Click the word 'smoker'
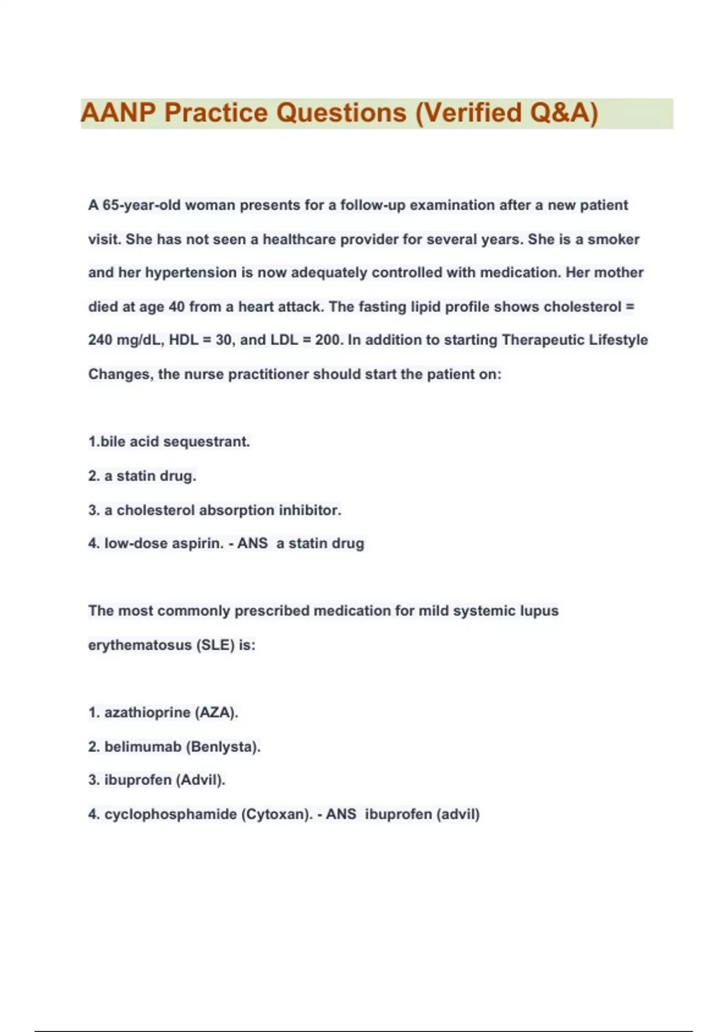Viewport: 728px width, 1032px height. (613, 239)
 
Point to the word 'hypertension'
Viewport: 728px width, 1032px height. (190, 273)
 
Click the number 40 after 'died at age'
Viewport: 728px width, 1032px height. (177, 307)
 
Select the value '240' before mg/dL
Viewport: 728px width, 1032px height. (100, 340)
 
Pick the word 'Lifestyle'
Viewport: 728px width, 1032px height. (618, 340)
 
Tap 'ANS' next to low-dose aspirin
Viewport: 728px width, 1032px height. (252, 543)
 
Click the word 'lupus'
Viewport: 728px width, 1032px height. (539, 611)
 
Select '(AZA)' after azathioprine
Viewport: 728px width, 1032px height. (216, 712)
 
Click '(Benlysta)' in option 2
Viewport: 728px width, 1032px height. (223, 747)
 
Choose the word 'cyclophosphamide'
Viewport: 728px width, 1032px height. (170, 814)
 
